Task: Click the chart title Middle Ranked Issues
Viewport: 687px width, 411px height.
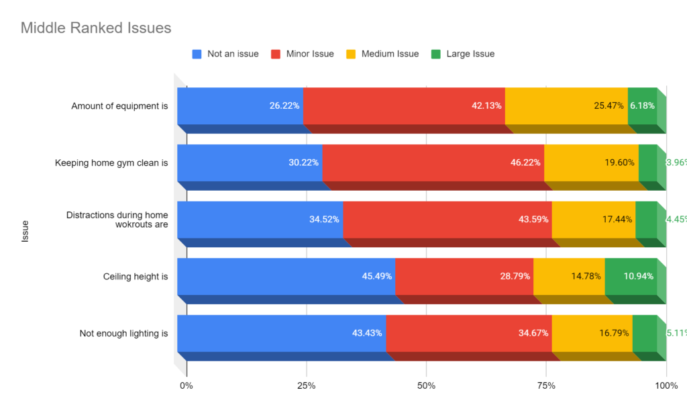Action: click(x=96, y=28)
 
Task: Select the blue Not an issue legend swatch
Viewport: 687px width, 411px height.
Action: click(x=197, y=54)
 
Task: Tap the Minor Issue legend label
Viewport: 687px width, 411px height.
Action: click(x=309, y=54)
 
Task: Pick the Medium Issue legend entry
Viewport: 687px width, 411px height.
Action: click(x=390, y=54)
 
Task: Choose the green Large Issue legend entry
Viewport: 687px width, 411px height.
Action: click(x=470, y=54)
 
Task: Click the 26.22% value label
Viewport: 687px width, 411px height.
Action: click(x=284, y=105)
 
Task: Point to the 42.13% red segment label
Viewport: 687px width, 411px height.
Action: click(x=486, y=105)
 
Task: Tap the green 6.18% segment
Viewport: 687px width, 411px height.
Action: click(x=643, y=105)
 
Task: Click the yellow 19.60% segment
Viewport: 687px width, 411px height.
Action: click(x=591, y=163)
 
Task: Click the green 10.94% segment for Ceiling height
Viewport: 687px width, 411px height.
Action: click(x=631, y=276)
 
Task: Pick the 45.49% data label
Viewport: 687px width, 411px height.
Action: click(x=376, y=276)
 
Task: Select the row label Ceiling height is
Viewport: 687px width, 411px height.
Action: click(x=136, y=276)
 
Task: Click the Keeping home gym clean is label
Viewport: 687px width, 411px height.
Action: click(x=111, y=163)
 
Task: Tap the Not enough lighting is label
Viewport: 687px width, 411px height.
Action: click(x=123, y=333)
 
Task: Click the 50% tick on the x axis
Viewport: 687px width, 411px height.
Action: click(x=426, y=385)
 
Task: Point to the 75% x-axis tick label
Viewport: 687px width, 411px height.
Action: click(x=546, y=385)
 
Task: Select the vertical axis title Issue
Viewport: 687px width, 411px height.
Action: click(x=25, y=230)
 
